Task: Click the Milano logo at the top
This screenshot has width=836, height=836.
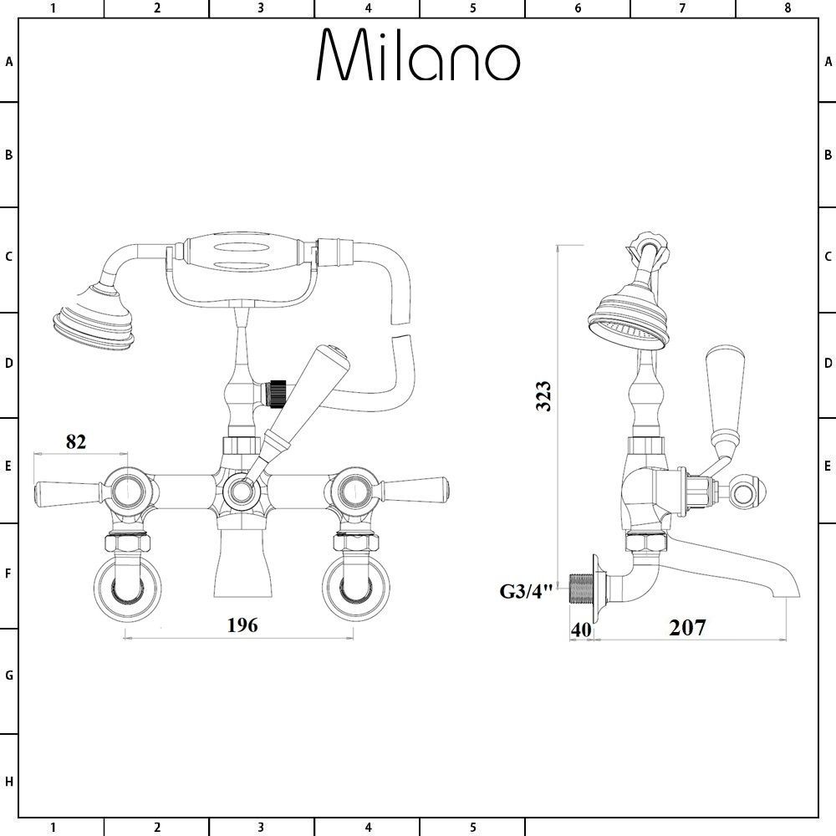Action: [x=418, y=56]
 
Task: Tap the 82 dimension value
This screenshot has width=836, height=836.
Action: [x=75, y=441]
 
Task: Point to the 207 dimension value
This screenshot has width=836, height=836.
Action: [x=687, y=627]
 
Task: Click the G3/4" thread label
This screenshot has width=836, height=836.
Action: [x=527, y=592]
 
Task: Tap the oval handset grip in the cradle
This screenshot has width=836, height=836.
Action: [x=244, y=253]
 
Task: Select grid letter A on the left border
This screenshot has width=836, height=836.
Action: [x=9, y=61]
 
